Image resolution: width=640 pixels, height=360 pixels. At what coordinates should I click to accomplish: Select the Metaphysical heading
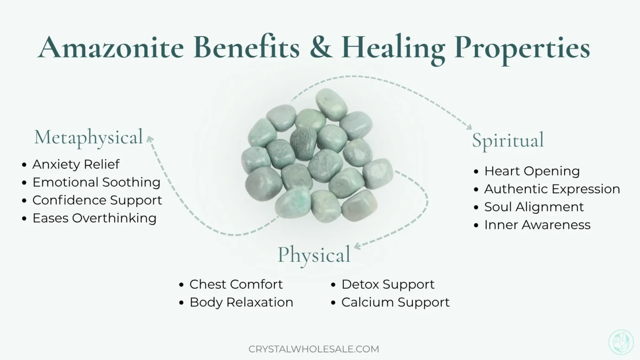[89, 137]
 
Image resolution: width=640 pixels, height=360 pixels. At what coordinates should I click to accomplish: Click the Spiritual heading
[508, 140]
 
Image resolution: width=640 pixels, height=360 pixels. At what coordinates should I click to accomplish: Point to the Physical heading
[314, 254]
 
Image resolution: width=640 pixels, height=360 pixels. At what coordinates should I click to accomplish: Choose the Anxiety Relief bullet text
[76, 164]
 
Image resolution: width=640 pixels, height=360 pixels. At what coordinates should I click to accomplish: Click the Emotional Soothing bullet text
[96, 182]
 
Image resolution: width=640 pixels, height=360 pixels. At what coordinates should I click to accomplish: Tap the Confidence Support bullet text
[97, 200]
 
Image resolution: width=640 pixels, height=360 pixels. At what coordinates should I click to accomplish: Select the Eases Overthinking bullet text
[94, 218]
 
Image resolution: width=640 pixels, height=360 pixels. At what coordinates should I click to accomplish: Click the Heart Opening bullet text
[532, 171]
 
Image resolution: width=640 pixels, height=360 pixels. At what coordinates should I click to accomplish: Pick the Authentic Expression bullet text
[552, 189]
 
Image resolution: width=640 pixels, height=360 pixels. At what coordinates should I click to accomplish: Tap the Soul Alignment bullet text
[534, 207]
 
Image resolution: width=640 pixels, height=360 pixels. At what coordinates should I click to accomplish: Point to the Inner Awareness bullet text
[537, 225]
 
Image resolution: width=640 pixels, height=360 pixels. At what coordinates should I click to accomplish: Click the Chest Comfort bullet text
[236, 284]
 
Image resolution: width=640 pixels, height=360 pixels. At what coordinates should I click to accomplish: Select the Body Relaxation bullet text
[241, 302]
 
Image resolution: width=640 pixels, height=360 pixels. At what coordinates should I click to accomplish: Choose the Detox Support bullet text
[388, 284]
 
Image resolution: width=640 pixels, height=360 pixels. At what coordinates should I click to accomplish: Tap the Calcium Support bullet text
[395, 302]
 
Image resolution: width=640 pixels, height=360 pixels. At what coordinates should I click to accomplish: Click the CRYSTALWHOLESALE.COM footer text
[314, 349]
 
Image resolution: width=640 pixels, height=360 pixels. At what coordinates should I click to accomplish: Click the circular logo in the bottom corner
[621, 342]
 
